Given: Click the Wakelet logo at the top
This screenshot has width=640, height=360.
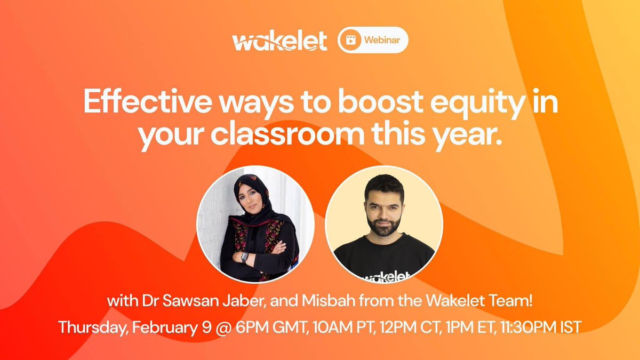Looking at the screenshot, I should tap(279, 41).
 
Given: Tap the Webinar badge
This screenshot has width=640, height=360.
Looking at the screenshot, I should tap(373, 41).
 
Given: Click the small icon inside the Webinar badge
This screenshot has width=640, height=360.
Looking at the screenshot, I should tap(351, 41).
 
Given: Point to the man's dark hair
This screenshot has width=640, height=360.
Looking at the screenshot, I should tap(383, 184).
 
